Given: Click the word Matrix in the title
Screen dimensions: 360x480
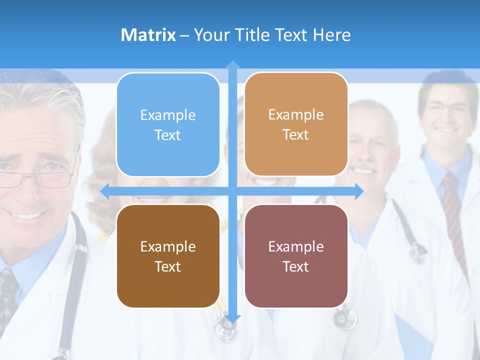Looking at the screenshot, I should (x=148, y=35).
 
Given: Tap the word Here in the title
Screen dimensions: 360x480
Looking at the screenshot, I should (x=331, y=35).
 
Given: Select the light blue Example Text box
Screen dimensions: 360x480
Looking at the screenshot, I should (x=168, y=124).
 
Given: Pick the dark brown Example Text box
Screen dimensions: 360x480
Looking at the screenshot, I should (x=168, y=256).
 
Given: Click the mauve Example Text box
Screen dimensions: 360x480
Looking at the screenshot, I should (x=296, y=256).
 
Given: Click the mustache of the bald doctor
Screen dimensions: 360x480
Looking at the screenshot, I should (x=365, y=167).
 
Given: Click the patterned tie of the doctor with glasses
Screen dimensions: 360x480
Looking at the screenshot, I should (x=8, y=295).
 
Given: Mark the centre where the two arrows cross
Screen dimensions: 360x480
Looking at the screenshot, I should (x=232, y=191).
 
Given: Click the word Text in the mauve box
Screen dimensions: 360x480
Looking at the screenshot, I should (x=296, y=266).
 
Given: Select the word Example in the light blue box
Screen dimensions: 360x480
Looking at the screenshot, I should (x=168, y=115).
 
